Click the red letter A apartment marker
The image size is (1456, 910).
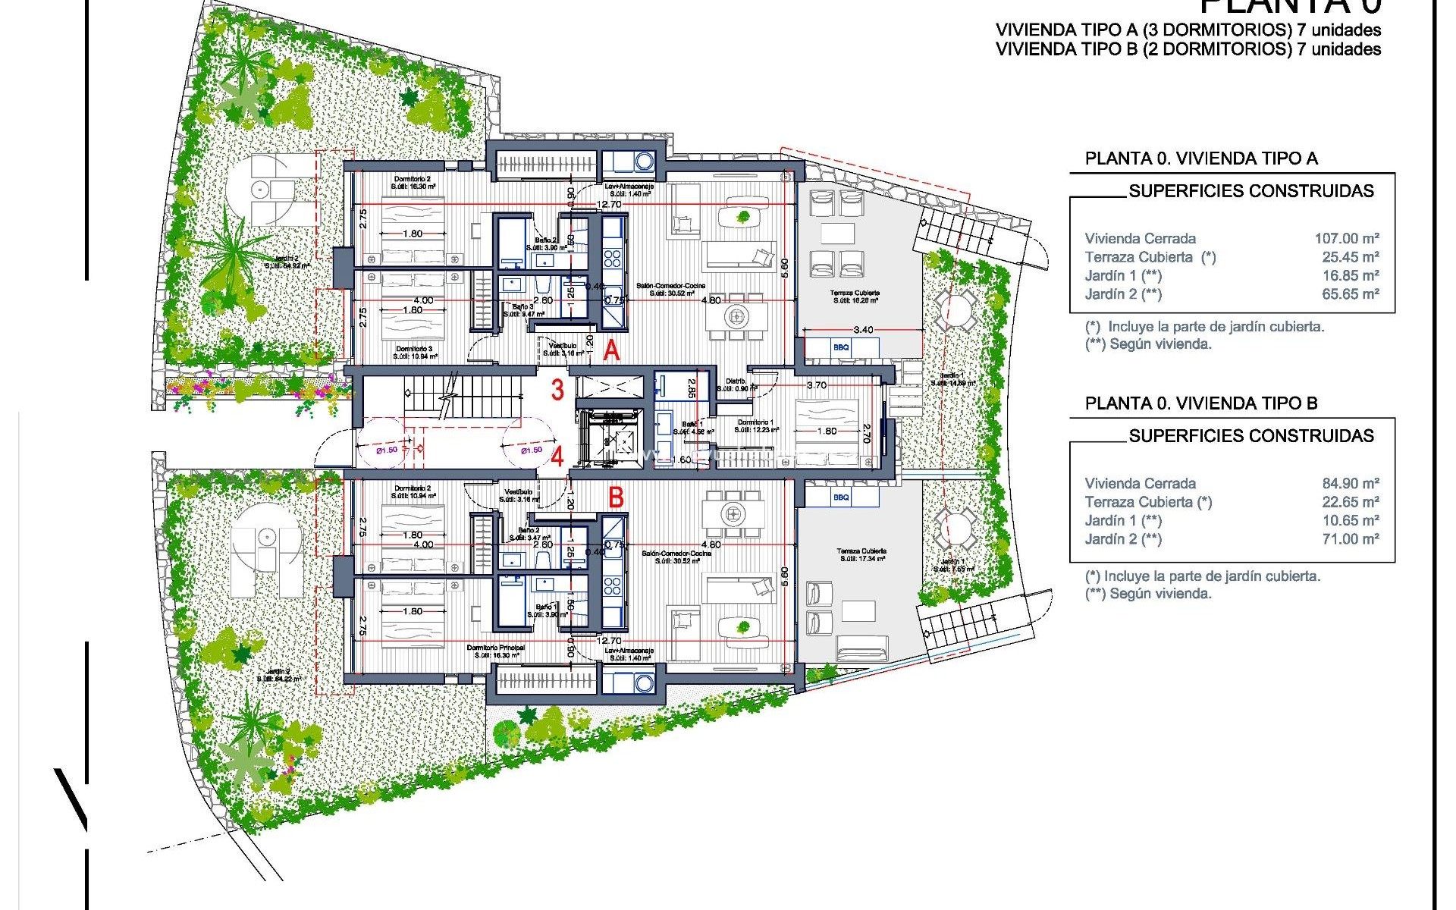coord(612,351)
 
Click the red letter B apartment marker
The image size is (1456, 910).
coord(617,497)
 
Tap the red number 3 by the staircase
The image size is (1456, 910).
coord(557,391)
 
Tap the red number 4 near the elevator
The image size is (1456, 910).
coord(557,457)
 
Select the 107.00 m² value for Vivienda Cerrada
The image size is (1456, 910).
coord(1346,238)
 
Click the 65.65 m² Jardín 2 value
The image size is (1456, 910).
coord(1350,294)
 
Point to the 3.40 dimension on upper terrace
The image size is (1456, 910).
coord(863,330)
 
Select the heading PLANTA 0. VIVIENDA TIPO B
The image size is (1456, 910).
coord(1201,403)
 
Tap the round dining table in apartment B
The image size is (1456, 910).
coord(733,513)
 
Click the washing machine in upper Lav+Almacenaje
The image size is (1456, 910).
coord(644,162)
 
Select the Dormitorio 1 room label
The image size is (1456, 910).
coord(755,422)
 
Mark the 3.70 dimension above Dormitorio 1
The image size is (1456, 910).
coord(817,385)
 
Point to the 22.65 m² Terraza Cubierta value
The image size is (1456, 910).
coord(1350,502)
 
